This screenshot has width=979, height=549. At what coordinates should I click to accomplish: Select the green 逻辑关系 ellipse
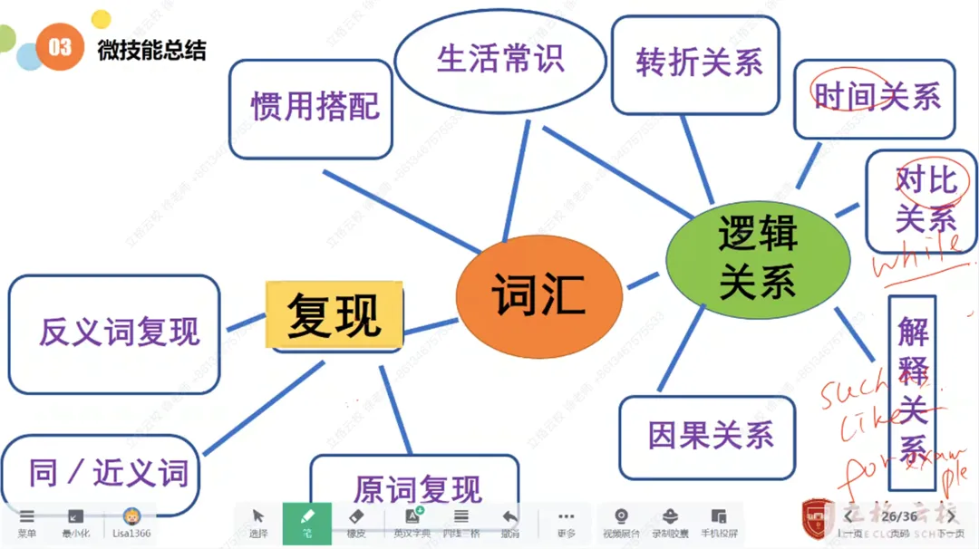(758, 258)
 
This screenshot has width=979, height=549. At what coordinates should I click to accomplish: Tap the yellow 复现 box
(334, 314)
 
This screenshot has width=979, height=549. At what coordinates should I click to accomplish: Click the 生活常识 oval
(500, 59)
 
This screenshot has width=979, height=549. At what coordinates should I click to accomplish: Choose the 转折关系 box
(696, 63)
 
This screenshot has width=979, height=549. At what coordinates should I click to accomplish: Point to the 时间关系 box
(875, 98)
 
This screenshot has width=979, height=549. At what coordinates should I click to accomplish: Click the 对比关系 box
(921, 200)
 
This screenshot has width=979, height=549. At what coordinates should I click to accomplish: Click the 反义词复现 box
(115, 333)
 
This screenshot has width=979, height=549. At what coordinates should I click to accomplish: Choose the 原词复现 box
(415, 489)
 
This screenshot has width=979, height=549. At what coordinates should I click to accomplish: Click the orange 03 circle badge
(60, 47)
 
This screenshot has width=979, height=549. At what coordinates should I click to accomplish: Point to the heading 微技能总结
(151, 51)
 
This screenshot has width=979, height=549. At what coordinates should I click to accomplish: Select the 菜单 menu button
(26, 522)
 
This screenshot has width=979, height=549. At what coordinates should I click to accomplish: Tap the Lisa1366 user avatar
(131, 517)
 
